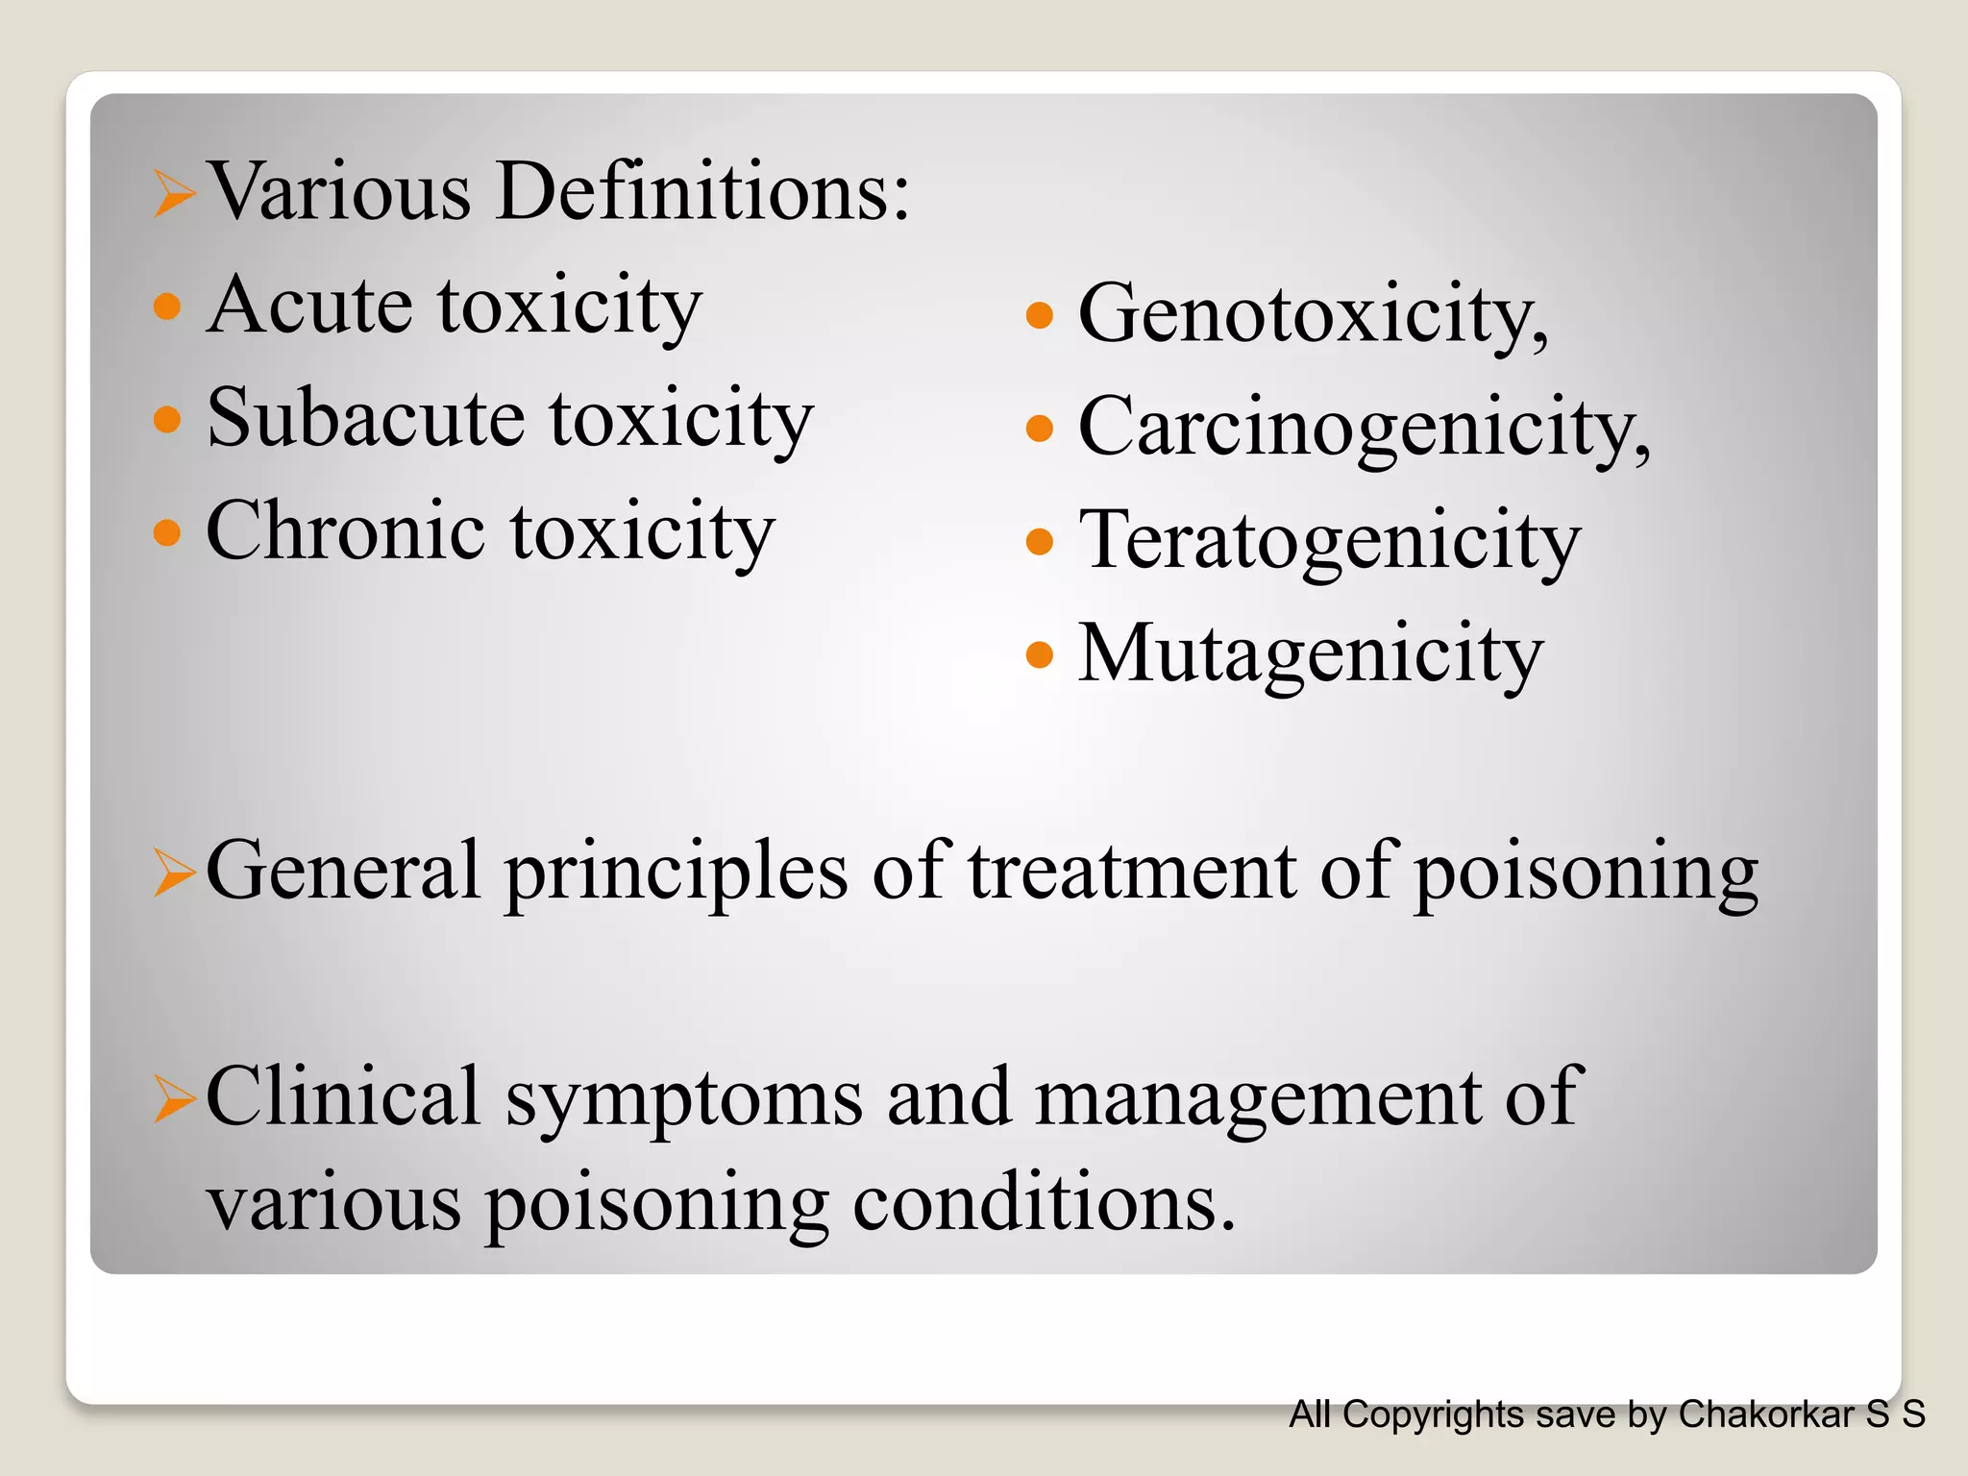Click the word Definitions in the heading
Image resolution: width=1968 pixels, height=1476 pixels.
[x=701, y=190]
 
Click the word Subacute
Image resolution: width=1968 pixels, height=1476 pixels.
[x=365, y=418]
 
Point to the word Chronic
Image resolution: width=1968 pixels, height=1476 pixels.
[x=345, y=530]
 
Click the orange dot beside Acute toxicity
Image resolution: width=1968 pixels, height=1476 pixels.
[x=167, y=307]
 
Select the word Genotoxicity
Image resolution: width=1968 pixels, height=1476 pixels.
[x=1312, y=313]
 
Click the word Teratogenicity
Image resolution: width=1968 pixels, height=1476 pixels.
[x=1329, y=540]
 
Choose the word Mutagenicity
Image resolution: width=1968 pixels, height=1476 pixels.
[x=1310, y=653]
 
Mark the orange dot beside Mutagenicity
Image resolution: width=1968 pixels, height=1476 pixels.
[x=1040, y=655]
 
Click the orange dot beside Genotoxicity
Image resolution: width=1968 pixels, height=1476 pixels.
[x=1040, y=315]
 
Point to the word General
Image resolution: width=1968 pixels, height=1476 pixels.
[x=342, y=871]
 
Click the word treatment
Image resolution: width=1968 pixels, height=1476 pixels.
[x=1132, y=871]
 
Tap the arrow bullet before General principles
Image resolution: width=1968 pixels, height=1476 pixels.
[x=174, y=873]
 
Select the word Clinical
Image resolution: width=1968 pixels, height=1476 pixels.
[x=342, y=1096]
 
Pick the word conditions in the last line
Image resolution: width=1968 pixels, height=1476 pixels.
[x=1043, y=1202]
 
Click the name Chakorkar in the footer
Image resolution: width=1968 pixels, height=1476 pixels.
[x=1765, y=1414]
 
